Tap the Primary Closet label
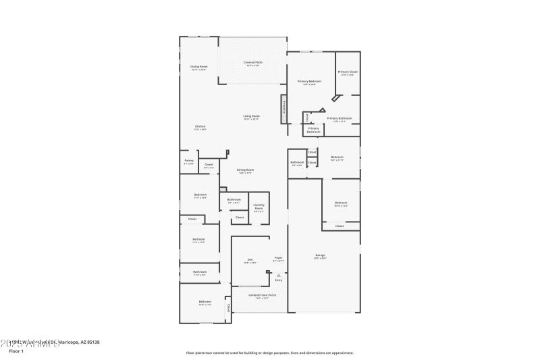tap(348, 72)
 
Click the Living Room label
tap(252, 116)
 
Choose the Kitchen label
tap(200, 126)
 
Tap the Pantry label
tap(189, 161)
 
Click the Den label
tap(249, 259)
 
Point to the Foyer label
tap(278, 258)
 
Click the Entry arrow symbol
tap(278, 275)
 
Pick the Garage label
tap(320, 255)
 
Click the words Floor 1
tap(16, 351)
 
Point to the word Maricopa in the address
tap(70, 342)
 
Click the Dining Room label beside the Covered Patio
tap(198, 67)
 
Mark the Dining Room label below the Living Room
tap(245, 170)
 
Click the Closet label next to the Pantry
tap(209, 164)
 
